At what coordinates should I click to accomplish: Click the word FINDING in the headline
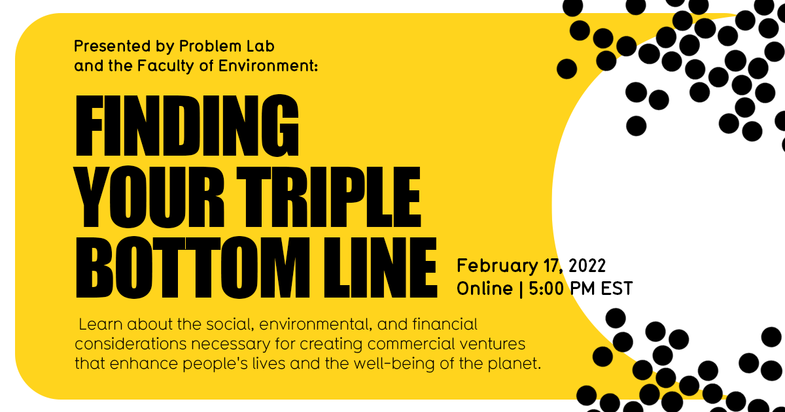click(x=188, y=124)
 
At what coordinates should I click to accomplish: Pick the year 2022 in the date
click(x=587, y=266)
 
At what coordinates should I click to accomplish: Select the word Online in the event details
click(x=485, y=288)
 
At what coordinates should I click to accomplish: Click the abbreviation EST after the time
click(x=617, y=288)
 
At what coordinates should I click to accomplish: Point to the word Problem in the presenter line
click(x=213, y=46)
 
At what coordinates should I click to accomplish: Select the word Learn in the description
click(x=99, y=324)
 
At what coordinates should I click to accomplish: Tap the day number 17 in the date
click(x=548, y=266)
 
